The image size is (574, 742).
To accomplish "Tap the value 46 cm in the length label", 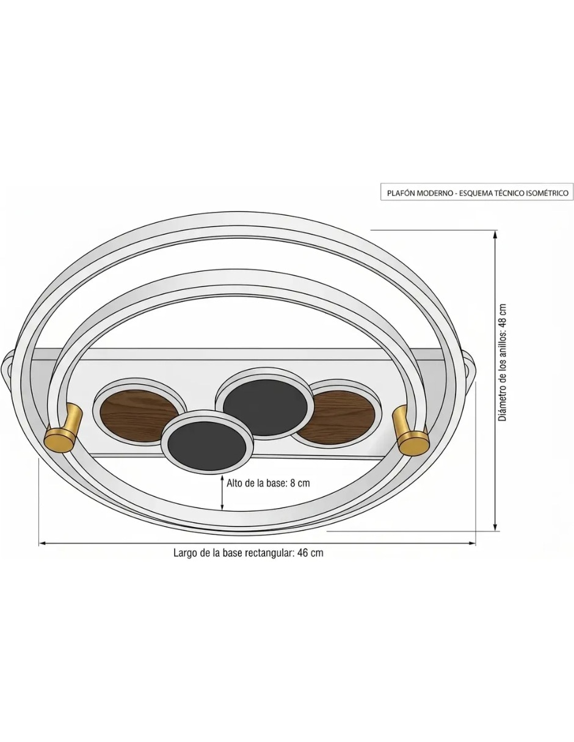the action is (310, 553).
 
